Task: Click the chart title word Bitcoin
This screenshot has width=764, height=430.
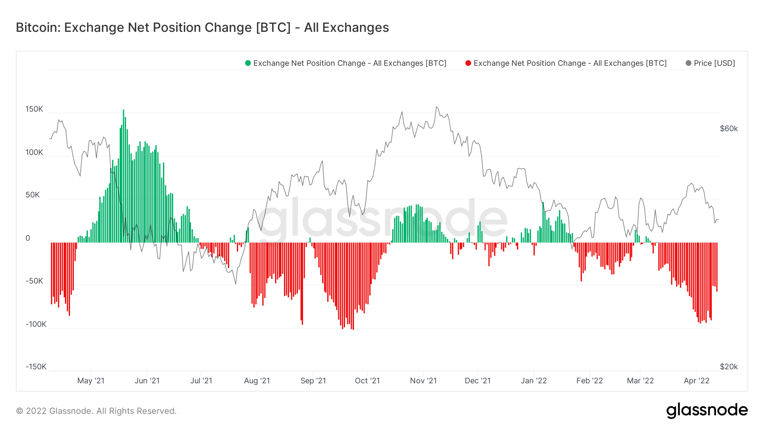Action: coord(38,28)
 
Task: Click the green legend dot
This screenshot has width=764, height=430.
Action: coord(248,63)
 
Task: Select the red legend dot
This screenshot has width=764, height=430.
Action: coord(468,63)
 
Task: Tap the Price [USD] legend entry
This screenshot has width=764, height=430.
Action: coord(714,63)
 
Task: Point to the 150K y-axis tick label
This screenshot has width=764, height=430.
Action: coord(34,109)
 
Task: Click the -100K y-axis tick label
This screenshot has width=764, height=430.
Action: coord(36,324)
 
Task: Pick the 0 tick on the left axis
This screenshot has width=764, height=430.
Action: coord(28,238)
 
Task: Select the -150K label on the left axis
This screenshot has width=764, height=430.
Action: coord(36,367)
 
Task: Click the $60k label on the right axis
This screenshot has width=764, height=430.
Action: coord(729,129)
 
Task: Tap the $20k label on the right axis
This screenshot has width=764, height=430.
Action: coord(729,367)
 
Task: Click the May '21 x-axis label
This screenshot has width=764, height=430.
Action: coord(91,381)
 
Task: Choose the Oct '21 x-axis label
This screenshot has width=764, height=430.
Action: coord(367,381)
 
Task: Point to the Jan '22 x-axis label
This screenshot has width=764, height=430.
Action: coord(534,381)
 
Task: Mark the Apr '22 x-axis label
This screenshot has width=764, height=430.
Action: coord(697,381)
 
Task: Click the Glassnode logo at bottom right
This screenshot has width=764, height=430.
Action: coord(707,410)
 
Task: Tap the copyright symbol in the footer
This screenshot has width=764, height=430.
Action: coord(20,411)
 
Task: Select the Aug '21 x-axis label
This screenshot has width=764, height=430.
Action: coord(257,381)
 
